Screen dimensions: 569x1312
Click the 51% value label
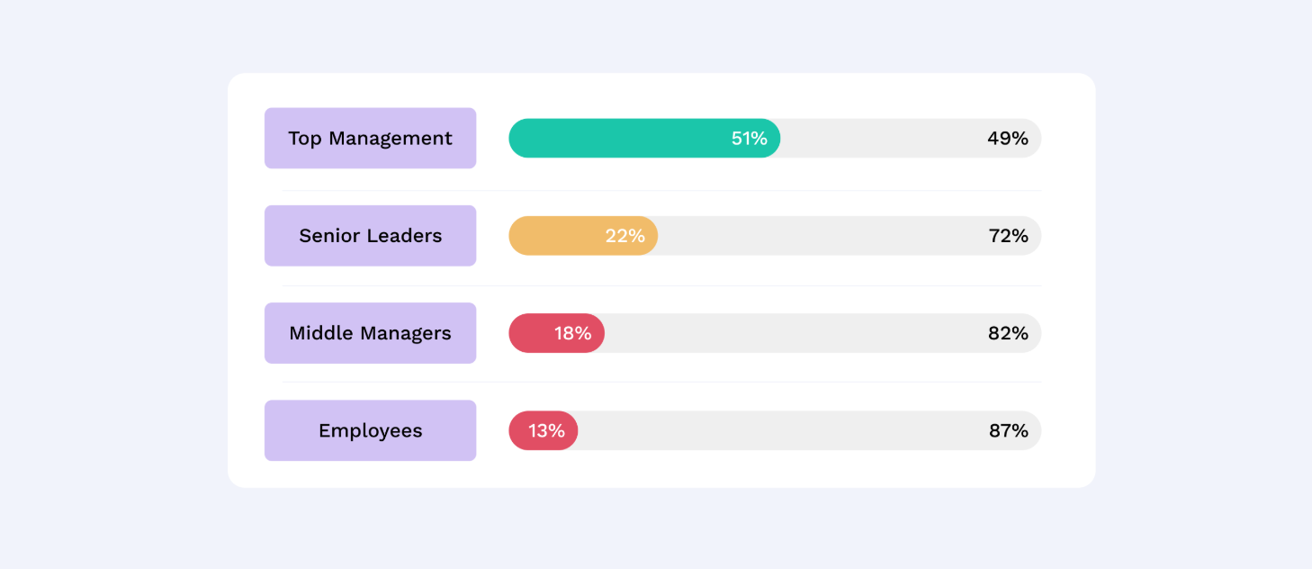pyautogui.click(x=749, y=139)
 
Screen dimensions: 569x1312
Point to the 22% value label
pyautogui.click(x=625, y=236)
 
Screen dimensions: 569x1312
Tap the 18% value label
pyautogui.click(x=572, y=333)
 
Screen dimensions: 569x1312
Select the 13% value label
pyautogui.click(x=546, y=430)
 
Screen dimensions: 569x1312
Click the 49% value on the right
pyautogui.click(x=1007, y=139)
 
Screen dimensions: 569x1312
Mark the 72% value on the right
pyautogui.click(x=1008, y=236)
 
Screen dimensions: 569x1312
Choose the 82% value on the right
pyautogui.click(x=1008, y=333)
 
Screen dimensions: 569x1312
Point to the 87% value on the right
pyautogui.click(x=1008, y=430)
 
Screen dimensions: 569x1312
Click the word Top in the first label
pyautogui.click(x=305, y=139)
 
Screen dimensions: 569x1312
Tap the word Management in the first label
pyautogui.click(x=390, y=139)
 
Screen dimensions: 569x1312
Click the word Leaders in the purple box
pyautogui.click(x=403, y=236)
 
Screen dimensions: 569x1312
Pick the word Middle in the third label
pyautogui.click(x=319, y=333)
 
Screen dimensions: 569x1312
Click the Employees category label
pyautogui.click(x=370, y=431)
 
